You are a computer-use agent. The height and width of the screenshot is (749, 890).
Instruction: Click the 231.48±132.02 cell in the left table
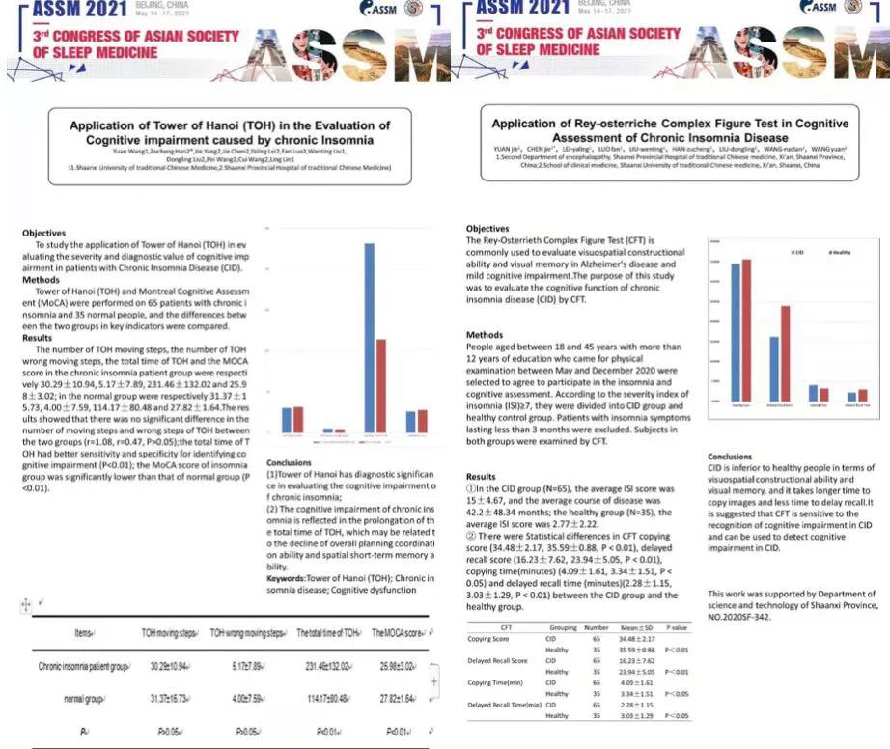(x=323, y=667)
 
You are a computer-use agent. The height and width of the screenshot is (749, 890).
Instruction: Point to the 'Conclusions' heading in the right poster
(x=730, y=457)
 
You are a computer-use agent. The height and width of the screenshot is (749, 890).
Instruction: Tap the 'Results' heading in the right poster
(x=481, y=477)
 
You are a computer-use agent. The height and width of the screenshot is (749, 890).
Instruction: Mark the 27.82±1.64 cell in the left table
(x=398, y=700)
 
